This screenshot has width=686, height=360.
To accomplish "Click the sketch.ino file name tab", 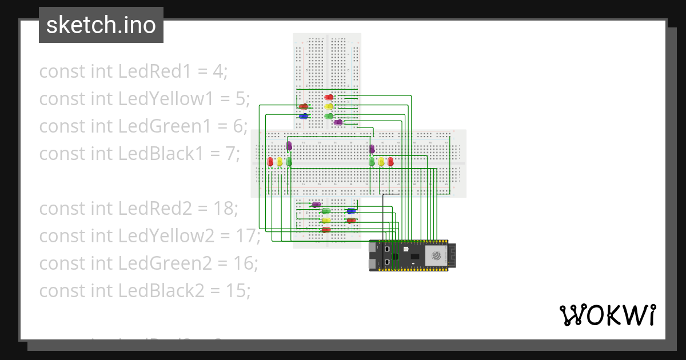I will (x=101, y=25).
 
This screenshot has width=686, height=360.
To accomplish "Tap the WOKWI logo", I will (x=607, y=315).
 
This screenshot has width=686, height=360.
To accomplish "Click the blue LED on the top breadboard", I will (x=304, y=116).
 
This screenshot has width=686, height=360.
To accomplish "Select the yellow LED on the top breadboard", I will (x=329, y=106).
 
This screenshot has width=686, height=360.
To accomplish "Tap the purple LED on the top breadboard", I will (x=338, y=122).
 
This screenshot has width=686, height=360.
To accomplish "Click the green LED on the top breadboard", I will (x=329, y=116).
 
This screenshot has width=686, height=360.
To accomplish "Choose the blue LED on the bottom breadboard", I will (x=351, y=211).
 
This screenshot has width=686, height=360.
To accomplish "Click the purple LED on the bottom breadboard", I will (x=316, y=204).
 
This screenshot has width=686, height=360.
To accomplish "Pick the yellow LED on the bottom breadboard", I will (x=326, y=220).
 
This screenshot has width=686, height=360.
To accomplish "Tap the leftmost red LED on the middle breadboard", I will (x=270, y=162).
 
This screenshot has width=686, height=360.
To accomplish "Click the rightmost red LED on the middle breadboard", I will (x=390, y=162).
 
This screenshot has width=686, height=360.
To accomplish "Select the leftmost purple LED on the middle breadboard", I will (x=289, y=146).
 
